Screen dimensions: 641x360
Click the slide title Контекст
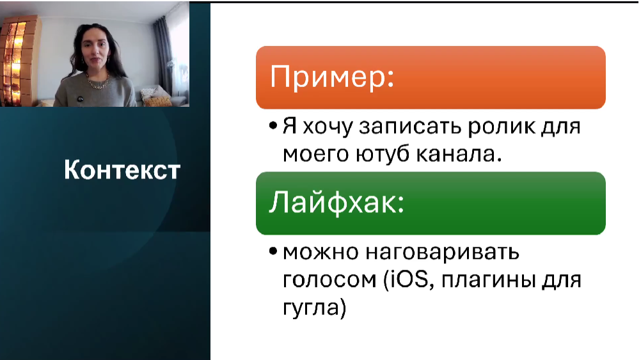(x=122, y=169)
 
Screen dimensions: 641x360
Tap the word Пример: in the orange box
(x=331, y=77)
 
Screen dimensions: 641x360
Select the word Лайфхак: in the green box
(x=336, y=202)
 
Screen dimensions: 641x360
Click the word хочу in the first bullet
(x=328, y=127)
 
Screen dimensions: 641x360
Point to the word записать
(x=411, y=127)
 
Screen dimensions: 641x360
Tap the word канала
(x=459, y=154)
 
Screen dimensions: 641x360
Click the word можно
(x=321, y=253)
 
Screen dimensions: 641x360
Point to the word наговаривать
(x=442, y=253)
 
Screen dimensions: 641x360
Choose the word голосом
(x=329, y=280)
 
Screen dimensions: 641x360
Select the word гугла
(x=312, y=308)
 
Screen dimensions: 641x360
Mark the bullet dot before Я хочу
(x=273, y=126)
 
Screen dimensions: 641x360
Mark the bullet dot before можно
(x=273, y=252)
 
